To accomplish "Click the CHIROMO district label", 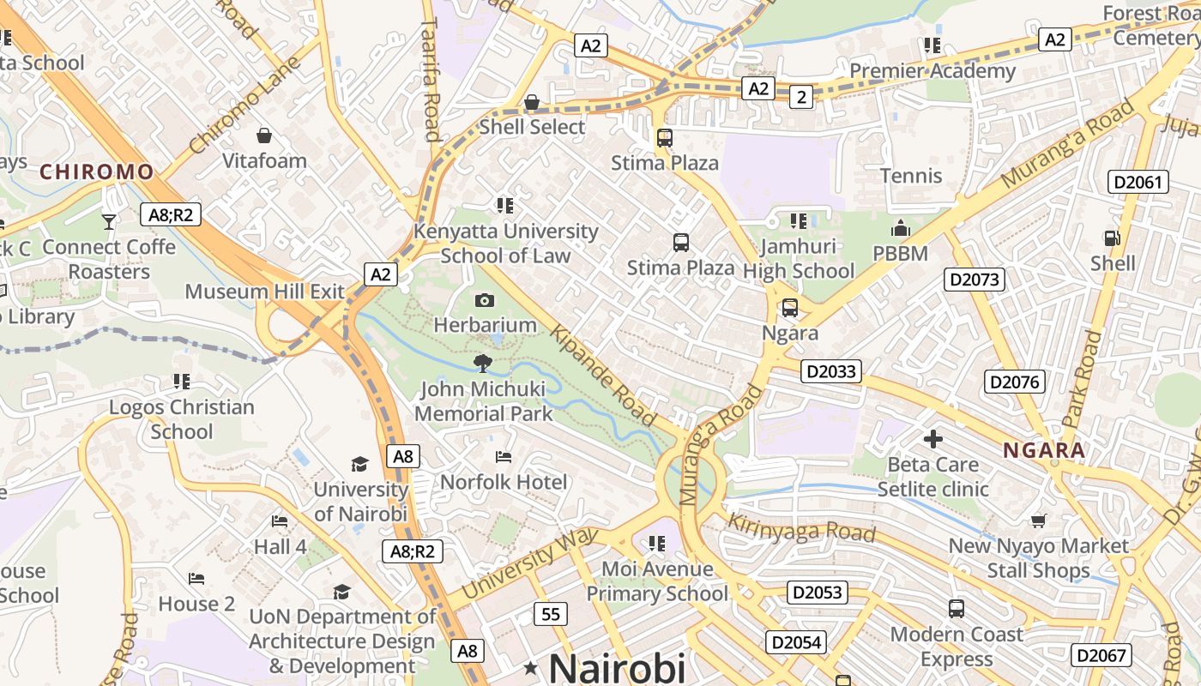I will coord(96,171).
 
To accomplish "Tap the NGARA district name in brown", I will coord(1044,450).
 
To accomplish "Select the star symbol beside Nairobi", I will coord(532,667).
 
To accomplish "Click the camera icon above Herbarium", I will coord(485,300).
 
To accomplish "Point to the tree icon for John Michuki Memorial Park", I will coord(483,364).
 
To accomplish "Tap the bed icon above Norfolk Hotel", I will coord(504,457).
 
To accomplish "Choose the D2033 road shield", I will coord(830,371).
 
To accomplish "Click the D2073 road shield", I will coord(975,279).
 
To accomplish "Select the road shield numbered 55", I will coord(550,614).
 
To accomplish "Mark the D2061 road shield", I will coord(1138,182).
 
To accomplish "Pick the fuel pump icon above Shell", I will coord(1112,238).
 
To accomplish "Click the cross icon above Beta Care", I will coord(932,440).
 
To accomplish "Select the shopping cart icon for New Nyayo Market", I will coord(1038,521).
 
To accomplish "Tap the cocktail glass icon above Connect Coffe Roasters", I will coord(109,222).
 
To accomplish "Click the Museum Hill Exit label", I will coord(264,292).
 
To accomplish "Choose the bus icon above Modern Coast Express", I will coord(957,609).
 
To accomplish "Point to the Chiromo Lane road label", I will coord(244,105).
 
